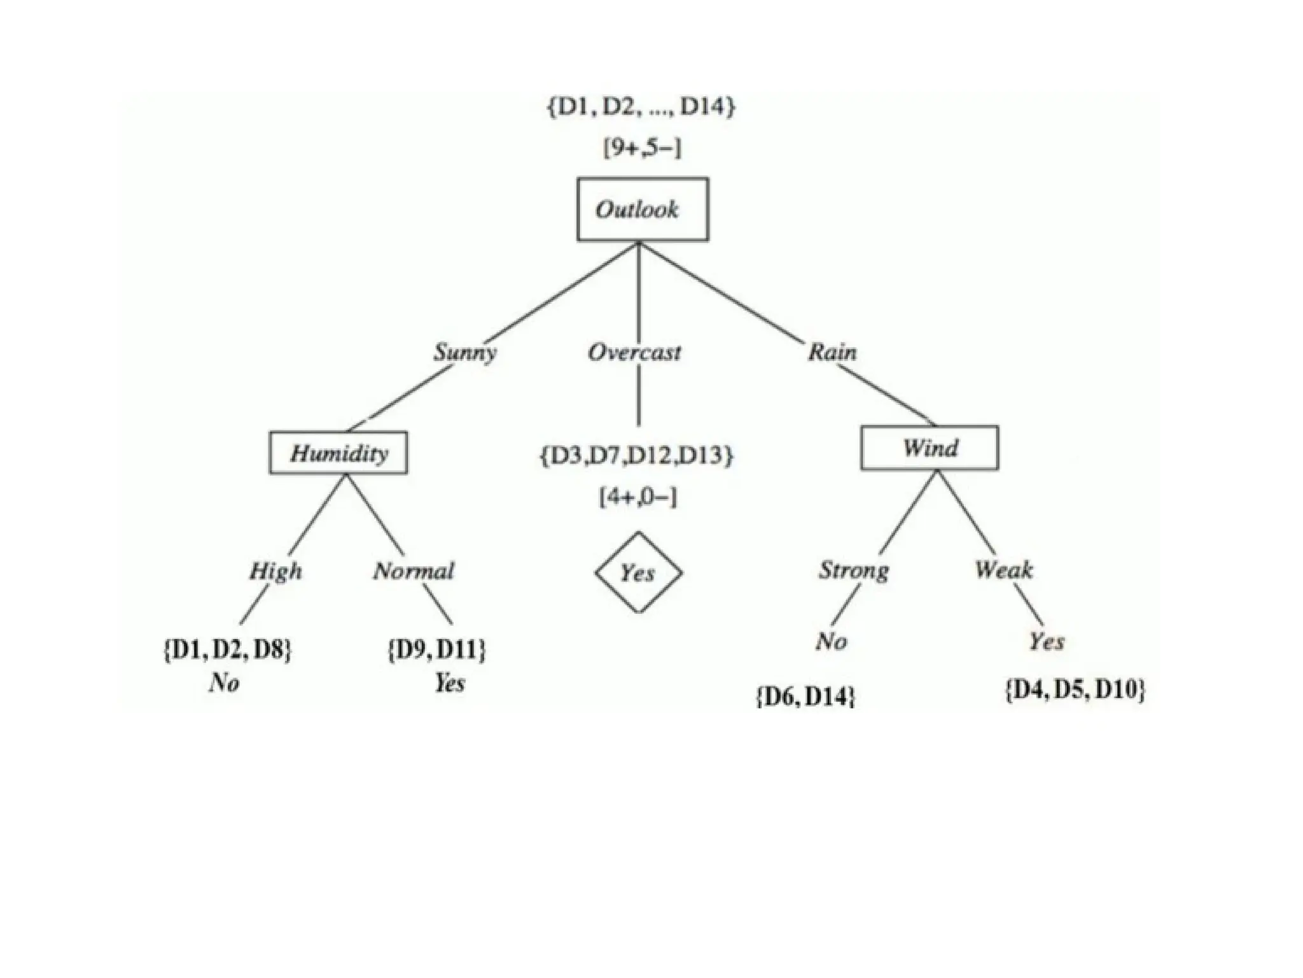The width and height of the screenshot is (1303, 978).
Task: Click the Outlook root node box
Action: pos(642,209)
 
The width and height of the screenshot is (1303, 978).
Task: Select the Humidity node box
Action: pos(338,453)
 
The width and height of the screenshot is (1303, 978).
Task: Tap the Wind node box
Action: pos(930,448)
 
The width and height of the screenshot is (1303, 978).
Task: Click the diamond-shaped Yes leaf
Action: pos(638,572)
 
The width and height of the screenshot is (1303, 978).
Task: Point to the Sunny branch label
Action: pos(465,352)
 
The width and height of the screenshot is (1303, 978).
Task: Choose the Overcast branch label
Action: pos(634,352)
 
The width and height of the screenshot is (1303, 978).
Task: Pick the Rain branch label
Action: pos(832,352)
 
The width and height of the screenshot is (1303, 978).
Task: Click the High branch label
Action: pos(275,570)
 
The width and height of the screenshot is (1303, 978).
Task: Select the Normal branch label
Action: pos(414,570)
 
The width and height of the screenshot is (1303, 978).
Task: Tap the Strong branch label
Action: pos(853,570)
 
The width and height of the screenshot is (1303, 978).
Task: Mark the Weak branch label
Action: pos(1004,569)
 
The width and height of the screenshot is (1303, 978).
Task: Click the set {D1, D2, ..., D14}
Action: pos(641,106)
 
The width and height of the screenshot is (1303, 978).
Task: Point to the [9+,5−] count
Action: pos(642,149)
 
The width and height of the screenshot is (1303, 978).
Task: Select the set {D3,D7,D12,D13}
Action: pos(637,455)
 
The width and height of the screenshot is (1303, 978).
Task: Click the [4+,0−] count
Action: pos(638,497)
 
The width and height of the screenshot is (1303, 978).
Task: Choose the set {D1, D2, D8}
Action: pos(228,650)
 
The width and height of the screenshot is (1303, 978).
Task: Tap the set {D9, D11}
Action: pos(436,650)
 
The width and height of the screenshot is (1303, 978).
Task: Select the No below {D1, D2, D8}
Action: pos(224,683)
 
